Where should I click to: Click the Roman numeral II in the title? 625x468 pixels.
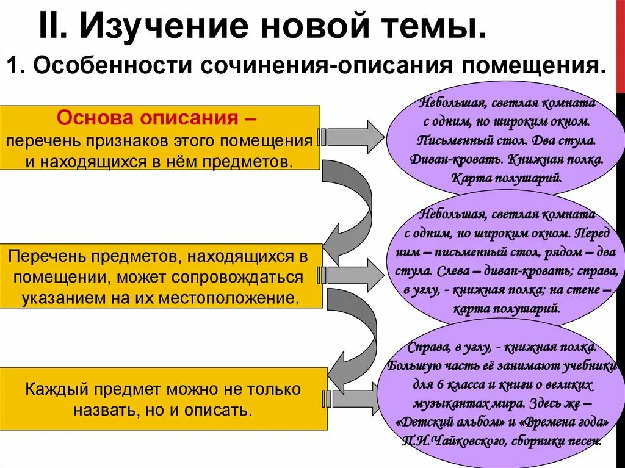(x=54, y=26)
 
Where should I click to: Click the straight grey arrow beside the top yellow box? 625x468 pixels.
(x=354, y=137)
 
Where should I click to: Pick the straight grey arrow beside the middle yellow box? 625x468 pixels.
(x=354, y=275)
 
